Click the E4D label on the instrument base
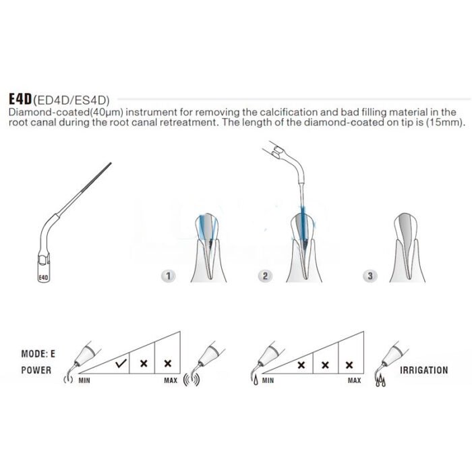point(42,276)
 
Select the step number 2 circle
point(266,276)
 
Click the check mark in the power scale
point(121,363)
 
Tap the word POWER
point(36,370)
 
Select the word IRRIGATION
point(423,370)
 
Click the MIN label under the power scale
point(85,381)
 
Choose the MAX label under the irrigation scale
point(354,381)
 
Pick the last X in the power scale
point(168,363)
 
